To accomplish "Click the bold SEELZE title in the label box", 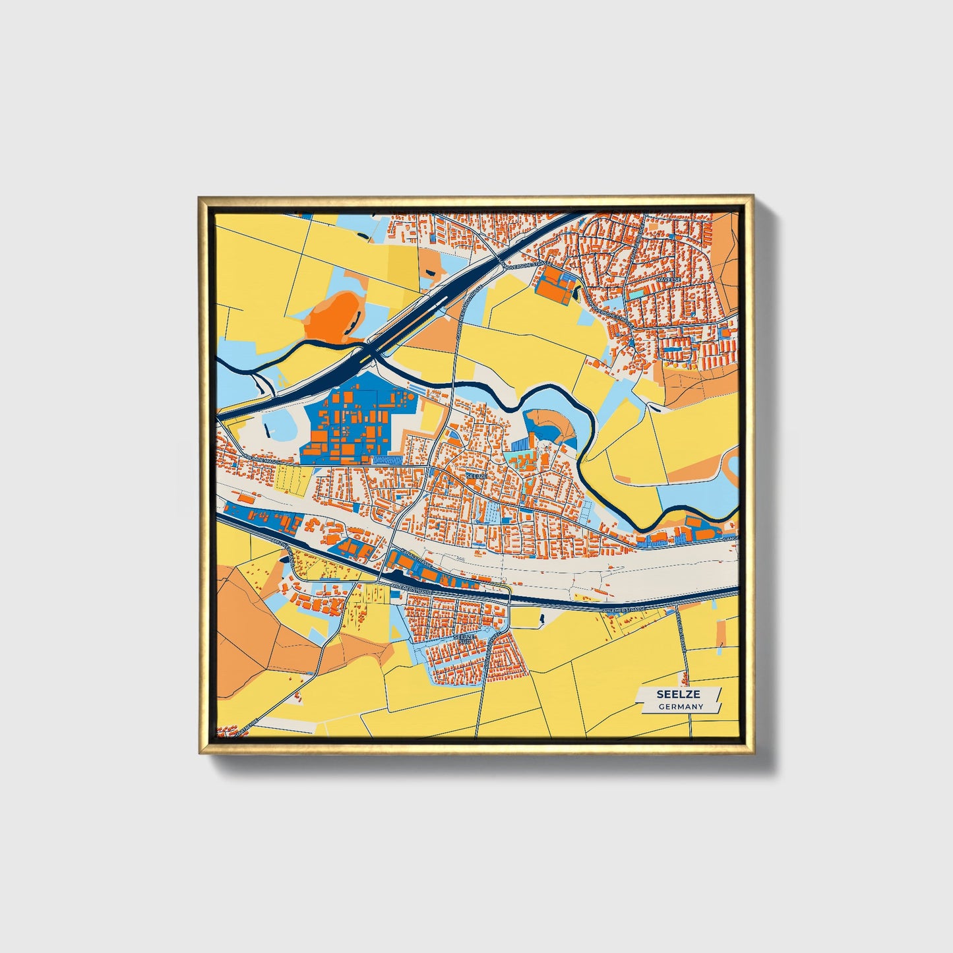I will (679, 694).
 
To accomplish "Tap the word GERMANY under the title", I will (681, 706).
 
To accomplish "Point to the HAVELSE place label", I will (668, 280).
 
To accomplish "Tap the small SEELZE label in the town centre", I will (476, 474).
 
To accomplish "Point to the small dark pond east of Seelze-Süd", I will (541, 619).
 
